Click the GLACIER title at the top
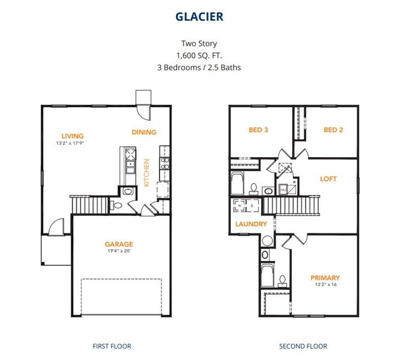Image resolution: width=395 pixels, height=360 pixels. (x=199, y=16)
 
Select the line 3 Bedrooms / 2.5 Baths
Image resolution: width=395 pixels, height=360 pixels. (x=199, y=67)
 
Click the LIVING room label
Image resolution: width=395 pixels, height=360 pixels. (x=72, y=136)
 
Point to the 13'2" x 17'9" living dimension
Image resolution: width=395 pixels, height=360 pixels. (x=72, y=144)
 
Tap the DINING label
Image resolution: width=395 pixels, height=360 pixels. (x=143, y=132)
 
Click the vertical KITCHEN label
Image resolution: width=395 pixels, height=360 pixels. (x=146, y=173)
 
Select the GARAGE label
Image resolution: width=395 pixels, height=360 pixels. (x=118, y=244)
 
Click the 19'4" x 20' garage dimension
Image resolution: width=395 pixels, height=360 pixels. (x=118, y=252)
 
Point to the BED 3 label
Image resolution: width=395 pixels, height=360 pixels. (x=258, y=130)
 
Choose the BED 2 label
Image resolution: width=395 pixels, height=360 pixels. (x=333, y=130)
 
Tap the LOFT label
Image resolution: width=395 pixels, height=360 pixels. (x=328, y=178)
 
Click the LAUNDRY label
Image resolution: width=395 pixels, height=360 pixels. (x=251, y=224)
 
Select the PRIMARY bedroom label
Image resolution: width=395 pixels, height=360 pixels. (x=325, y=278)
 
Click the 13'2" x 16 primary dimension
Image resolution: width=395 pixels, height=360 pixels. (x=325, y=286)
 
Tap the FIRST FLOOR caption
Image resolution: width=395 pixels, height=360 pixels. (x=112, y=346)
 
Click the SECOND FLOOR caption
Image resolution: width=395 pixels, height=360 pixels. (x=303, y=346)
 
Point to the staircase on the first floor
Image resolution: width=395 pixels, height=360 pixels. (x=89, y=205)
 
